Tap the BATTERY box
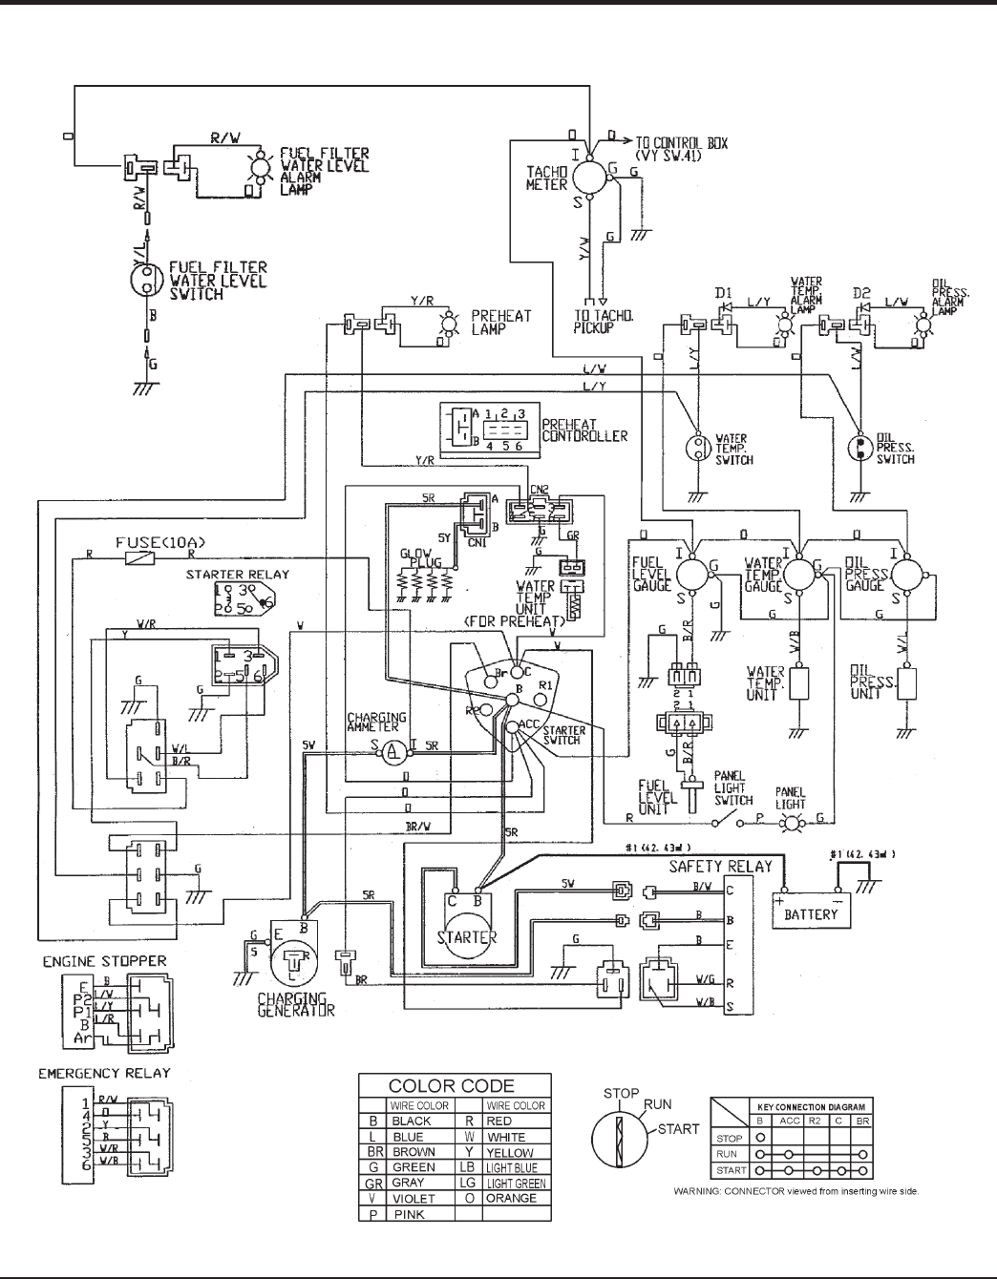tap(811, 913)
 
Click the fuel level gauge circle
tap(690, 575)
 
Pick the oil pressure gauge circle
tap(904, 575)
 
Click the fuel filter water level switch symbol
tap(146, 280)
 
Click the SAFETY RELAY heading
tap(720, 867)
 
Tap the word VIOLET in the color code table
tap(414, 1198)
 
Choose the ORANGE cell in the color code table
tap(512, 1198)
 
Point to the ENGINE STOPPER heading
tap(104, 960)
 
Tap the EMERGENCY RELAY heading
tap(104, 1073)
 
